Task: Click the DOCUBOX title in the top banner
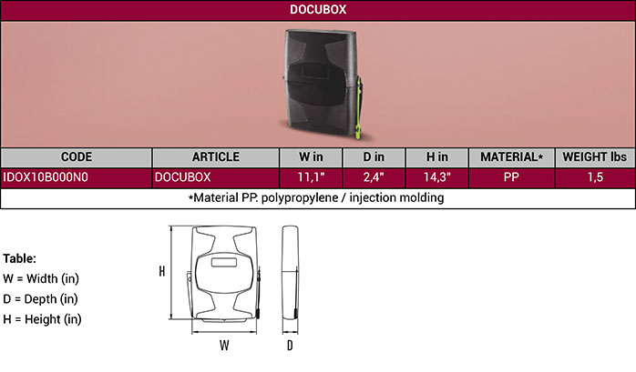click(x=318, y=9)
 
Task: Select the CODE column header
click(x=77, y=157)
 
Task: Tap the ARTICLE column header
click(x=216, y=157)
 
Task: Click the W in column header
click(x=311, y=157)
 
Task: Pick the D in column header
click(x=374, y=157)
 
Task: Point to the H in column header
click(x=436, y=157)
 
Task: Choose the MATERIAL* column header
click(x=511, y=157)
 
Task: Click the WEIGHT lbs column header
click(x=595, y=157)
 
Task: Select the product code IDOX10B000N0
click(x=46, y=177)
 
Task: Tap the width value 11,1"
click(x=311, y=177)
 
